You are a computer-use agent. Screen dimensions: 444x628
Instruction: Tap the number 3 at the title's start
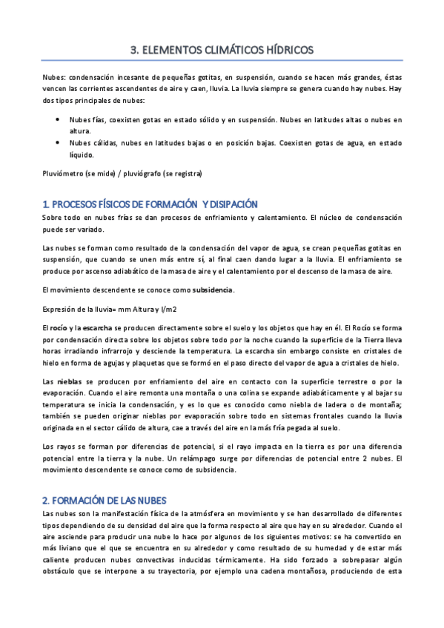(x=133, y=50)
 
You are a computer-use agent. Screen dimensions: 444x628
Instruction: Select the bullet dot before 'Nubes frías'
(x=59, y=118)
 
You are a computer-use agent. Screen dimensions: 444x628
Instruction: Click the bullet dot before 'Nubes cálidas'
(x=59, y=143)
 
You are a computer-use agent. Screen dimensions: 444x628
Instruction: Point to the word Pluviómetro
(x=63, y=173)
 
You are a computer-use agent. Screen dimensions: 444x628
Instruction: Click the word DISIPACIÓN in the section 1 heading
(x=231, y=204)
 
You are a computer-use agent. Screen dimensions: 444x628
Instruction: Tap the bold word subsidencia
(x=213, y=290)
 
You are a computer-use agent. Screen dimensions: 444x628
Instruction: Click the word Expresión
(x=60, y=307)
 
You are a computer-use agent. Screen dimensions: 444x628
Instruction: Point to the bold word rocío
(x=58, y=327)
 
